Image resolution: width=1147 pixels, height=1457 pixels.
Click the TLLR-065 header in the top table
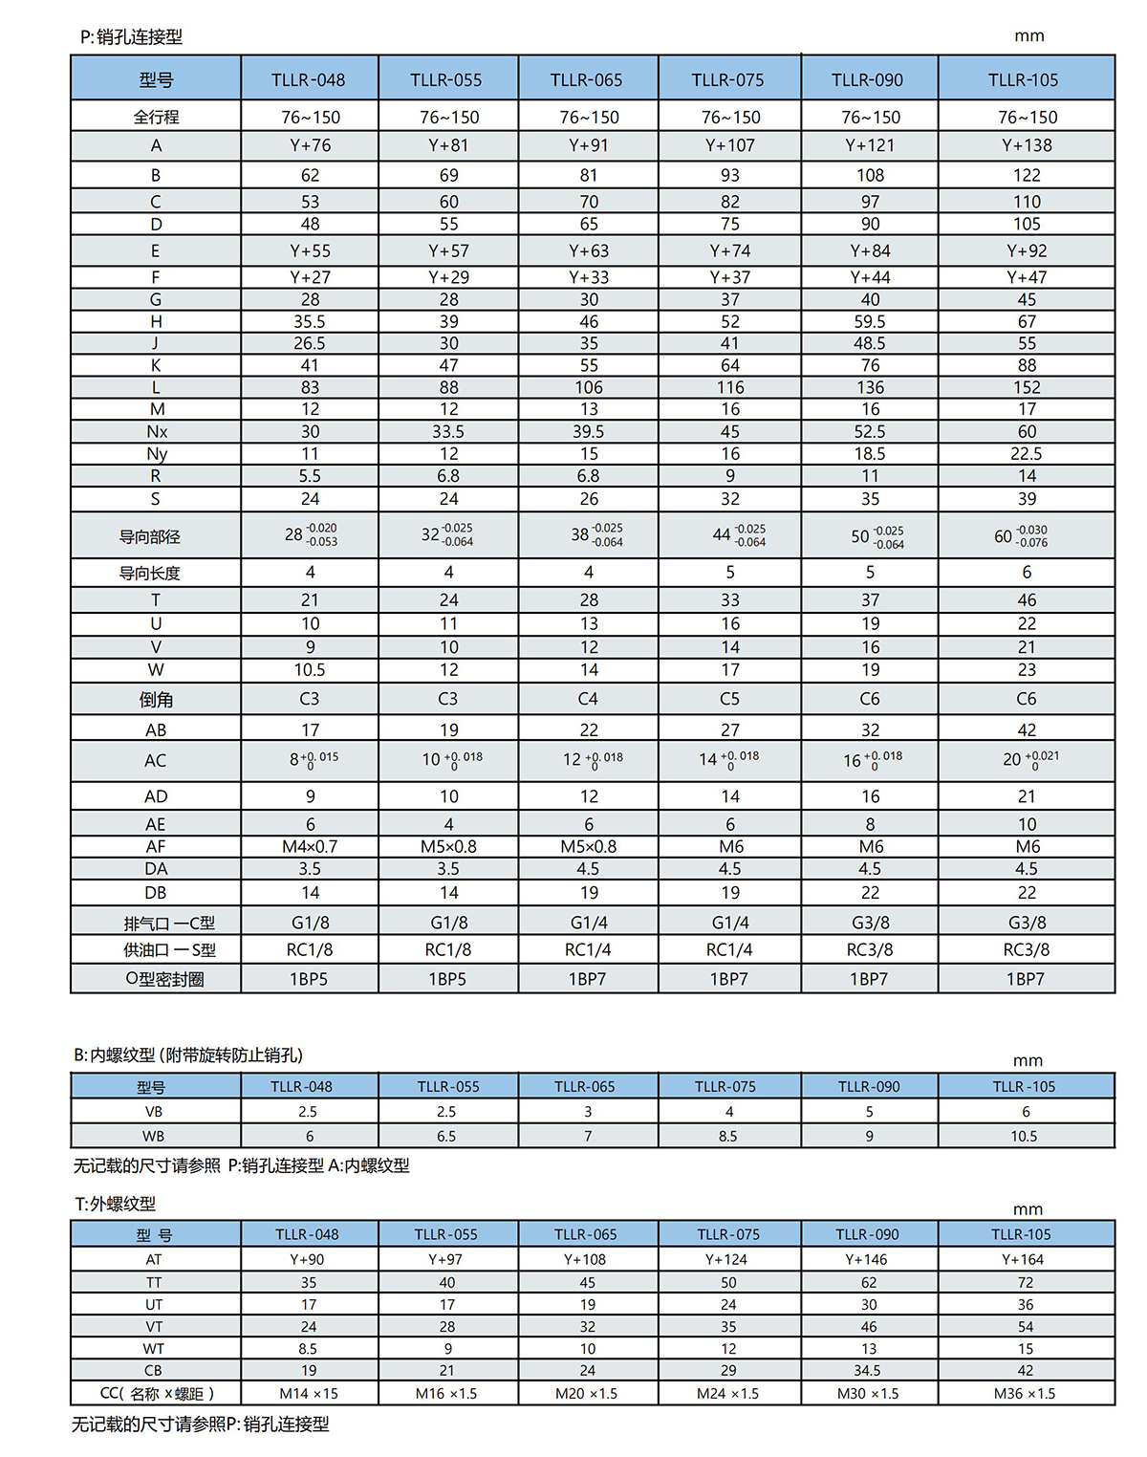pos(586,80)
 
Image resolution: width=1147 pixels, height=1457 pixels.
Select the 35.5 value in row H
pos(309,322)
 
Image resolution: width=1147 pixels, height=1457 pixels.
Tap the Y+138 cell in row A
pos(1027,145)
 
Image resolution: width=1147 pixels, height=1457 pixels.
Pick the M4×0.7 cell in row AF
pos(309,847)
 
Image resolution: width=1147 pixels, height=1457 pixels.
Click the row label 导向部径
pos(149,536)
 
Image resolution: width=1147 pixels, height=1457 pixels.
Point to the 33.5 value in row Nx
pos(448,432)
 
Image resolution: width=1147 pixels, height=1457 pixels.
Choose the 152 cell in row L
pos(1027,387)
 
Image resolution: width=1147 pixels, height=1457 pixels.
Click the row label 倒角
pos(156,700)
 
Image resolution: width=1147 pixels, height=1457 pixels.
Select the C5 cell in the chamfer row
pos(729,699)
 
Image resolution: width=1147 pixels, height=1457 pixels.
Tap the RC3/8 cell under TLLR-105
pos(1026,950)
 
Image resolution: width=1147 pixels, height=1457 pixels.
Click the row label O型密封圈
pos(164,979)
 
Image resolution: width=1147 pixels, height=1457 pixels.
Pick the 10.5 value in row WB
pos(1024,1137)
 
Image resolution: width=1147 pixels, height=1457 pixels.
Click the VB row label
pos(153,1112)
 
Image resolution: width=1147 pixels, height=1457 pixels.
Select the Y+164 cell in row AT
pos(1022,1260)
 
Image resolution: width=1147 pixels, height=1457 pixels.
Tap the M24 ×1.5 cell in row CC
pos(727,1394)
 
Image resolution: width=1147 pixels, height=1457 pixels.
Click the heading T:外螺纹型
pos(115,1205)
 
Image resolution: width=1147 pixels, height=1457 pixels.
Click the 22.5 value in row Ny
pos(1027,454)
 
